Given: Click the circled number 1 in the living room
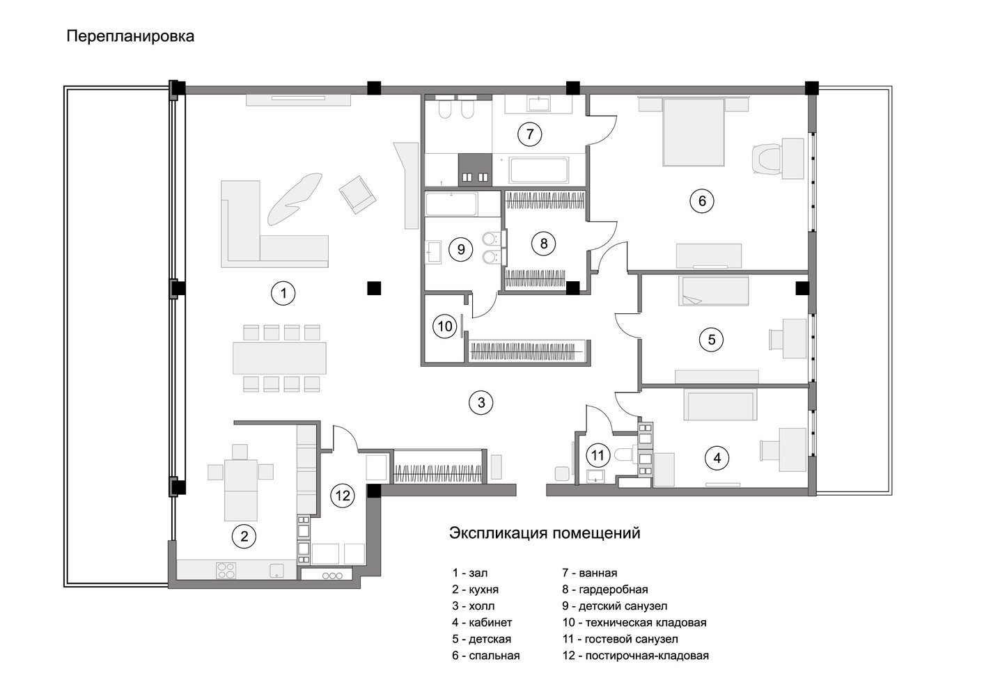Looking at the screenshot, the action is (x=283, y=293).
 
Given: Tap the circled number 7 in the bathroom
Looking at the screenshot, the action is (x=529, y=134).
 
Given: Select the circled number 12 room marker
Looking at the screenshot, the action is (x=343, y=496).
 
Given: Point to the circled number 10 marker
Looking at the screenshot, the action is (x=445, y=326).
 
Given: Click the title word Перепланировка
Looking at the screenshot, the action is (x=130, y=36).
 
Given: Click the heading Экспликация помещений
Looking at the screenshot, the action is (x=545, y=533).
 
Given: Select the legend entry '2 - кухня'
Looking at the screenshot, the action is (x=476, y=590).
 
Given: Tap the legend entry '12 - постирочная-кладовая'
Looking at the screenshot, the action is (x=635, y=656).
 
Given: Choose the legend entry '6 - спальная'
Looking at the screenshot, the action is (x=486, y=656).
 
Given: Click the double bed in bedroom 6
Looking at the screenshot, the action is (x=693, y=132).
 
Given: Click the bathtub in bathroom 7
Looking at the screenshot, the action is (x=539, y=170).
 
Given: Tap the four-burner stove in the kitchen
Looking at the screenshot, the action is (x=226, y=571).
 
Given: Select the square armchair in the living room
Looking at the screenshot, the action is (x=357, y=194).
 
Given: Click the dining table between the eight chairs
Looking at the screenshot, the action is (x=279, y=358).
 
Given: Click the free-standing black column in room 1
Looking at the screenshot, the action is (x=374, y=288).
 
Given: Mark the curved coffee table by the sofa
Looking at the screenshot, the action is (x=295, y=198).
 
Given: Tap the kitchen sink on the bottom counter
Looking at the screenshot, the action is (x=276, y=571).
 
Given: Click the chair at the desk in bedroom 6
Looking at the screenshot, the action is (x=767, y=160).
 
